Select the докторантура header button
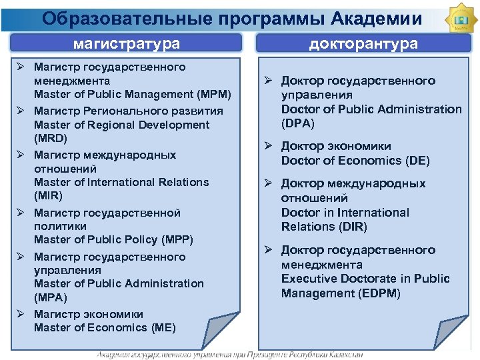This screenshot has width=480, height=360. (363, 44)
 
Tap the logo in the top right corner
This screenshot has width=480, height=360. (460, 20)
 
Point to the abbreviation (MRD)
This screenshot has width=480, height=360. (51, 139)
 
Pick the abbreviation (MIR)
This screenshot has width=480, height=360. (48, 196)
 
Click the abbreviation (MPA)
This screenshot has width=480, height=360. (51, 297)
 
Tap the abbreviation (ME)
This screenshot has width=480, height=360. (163, 327)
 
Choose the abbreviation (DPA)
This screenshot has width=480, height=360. (298, 123)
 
